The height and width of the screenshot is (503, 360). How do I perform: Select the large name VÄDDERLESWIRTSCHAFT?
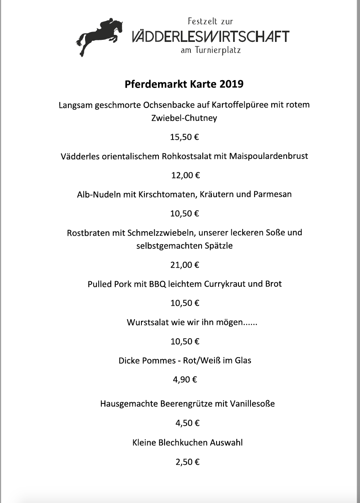(x=210, y=37)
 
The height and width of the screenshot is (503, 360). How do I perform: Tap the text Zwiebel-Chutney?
(x=185, y=118)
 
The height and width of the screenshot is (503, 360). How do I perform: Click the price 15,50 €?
(x=185, y=137)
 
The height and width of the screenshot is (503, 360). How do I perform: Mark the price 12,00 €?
(x=185, y=176)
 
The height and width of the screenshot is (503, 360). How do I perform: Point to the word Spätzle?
(x=219, y=246)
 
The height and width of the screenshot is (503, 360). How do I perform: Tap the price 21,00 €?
(x=185, y=265)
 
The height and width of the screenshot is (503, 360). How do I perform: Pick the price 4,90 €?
(x=185, y=379)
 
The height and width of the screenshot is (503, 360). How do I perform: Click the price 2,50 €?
(x=187, y=462)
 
